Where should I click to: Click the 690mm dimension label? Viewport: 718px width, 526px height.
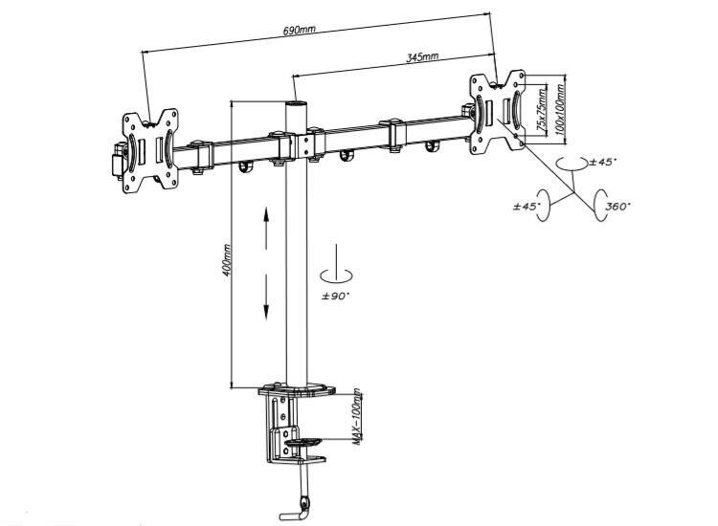(x=299, y=31)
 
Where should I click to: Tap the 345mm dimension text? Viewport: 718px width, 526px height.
(x=422, y=57)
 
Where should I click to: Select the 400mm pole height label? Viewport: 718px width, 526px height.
(x=226, y=260)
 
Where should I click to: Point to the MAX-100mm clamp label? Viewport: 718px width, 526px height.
(x=357, y=417)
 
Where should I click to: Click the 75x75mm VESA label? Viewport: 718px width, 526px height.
(x=541, y=110)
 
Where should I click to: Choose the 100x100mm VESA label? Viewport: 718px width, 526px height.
(x=559, y=109)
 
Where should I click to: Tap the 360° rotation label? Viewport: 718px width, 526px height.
(x=617, y=206)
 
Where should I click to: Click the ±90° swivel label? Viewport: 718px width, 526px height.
(x=336, y=296)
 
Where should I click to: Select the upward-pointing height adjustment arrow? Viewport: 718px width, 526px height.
(x=265, y=228)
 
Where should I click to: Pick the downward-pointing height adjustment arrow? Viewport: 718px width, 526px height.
(x=265, y=296)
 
